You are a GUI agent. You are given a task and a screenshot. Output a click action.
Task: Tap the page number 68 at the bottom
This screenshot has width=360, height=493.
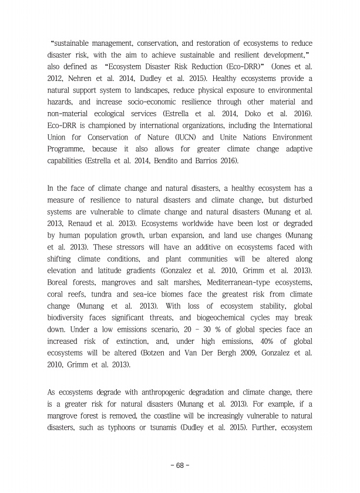180,465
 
